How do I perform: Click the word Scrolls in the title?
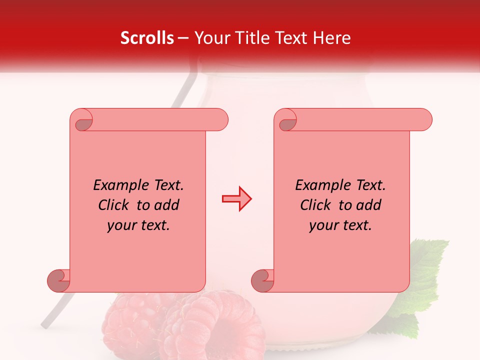click(147, 38)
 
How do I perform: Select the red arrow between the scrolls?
click(236, 199)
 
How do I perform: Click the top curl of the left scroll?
click(82, 121)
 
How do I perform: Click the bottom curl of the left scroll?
click(58, 280)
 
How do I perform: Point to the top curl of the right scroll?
click(287, 121)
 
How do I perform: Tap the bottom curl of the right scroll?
click(262, 280)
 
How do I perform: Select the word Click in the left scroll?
click(114, 205)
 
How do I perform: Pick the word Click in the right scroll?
click(315, 205)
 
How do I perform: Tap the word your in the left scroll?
click(120, 225)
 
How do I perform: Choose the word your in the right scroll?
click(322, 225)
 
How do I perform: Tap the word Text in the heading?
click(294, 38)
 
